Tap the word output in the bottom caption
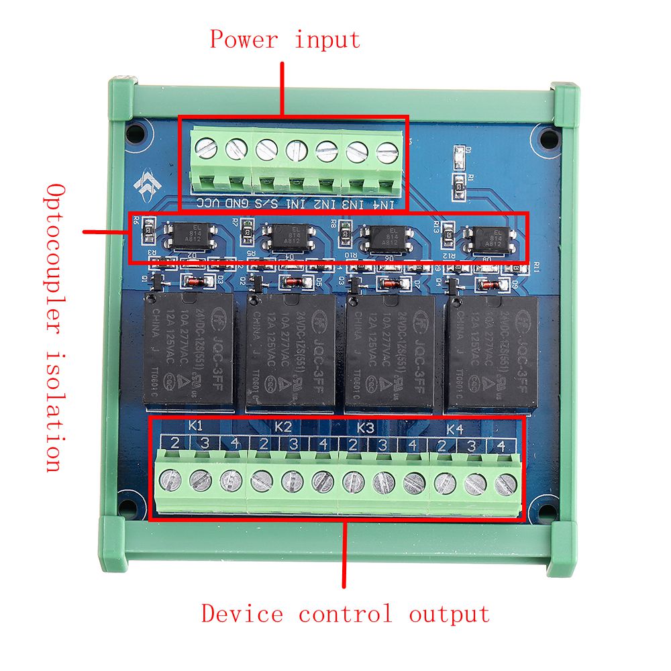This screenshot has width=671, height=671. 450,613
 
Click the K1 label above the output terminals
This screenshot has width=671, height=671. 195,426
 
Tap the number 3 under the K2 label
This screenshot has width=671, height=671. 293,444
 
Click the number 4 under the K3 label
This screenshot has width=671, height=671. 412,445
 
